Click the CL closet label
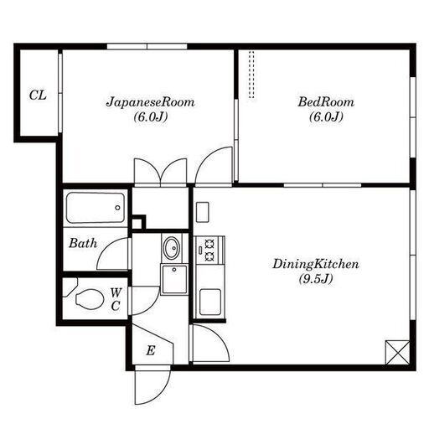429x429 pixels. [38, 96]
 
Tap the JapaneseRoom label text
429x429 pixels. [150, 102]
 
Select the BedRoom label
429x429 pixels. [326, 102]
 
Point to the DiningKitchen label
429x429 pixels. [316, 264]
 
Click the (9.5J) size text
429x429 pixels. [316, 279]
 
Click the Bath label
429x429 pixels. [83, 243]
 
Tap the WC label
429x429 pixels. [116, 299]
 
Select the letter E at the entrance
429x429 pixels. [151, 350]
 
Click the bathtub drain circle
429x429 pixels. [117, 208]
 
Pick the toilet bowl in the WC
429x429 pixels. [89, 299]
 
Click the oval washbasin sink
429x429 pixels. [172, 248]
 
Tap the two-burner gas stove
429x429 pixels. [209, 250]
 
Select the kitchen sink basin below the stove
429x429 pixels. [210, 302]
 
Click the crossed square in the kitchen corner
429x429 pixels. [397, 352]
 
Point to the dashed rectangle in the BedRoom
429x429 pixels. [251, 75]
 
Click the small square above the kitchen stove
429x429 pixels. [203, 212]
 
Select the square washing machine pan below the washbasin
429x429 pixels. [174, 279]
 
